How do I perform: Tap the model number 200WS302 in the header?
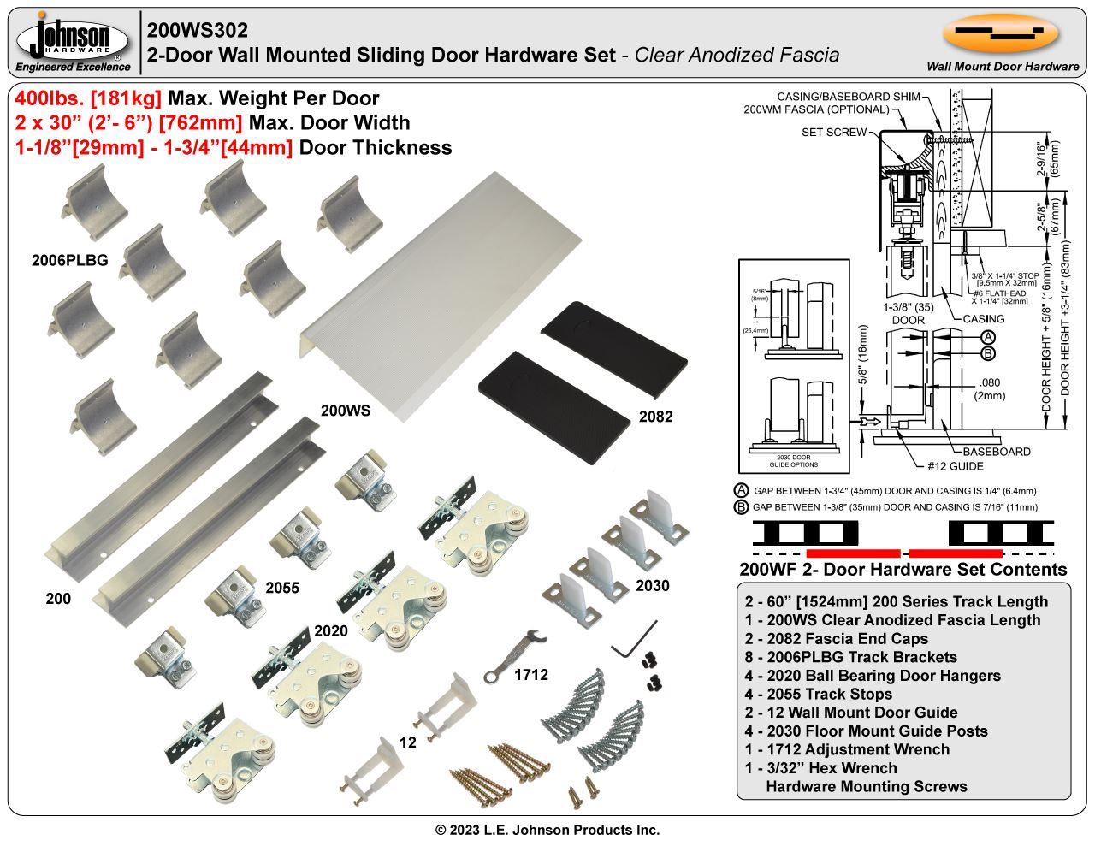click(198, 30)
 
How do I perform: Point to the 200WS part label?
click(346, 411)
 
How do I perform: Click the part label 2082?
click(655, 417)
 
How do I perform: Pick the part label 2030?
click(652, 586)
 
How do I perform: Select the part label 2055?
click(282, 589)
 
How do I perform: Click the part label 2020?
click(331, 631)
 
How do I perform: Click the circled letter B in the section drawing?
click(987, 352)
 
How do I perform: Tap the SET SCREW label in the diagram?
click(833, 133)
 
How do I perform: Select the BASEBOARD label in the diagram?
click(996, 451)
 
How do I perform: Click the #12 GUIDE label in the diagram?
click(955, 466)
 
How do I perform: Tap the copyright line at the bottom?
click(547, 830)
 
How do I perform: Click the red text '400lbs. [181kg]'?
click(89, 98)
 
